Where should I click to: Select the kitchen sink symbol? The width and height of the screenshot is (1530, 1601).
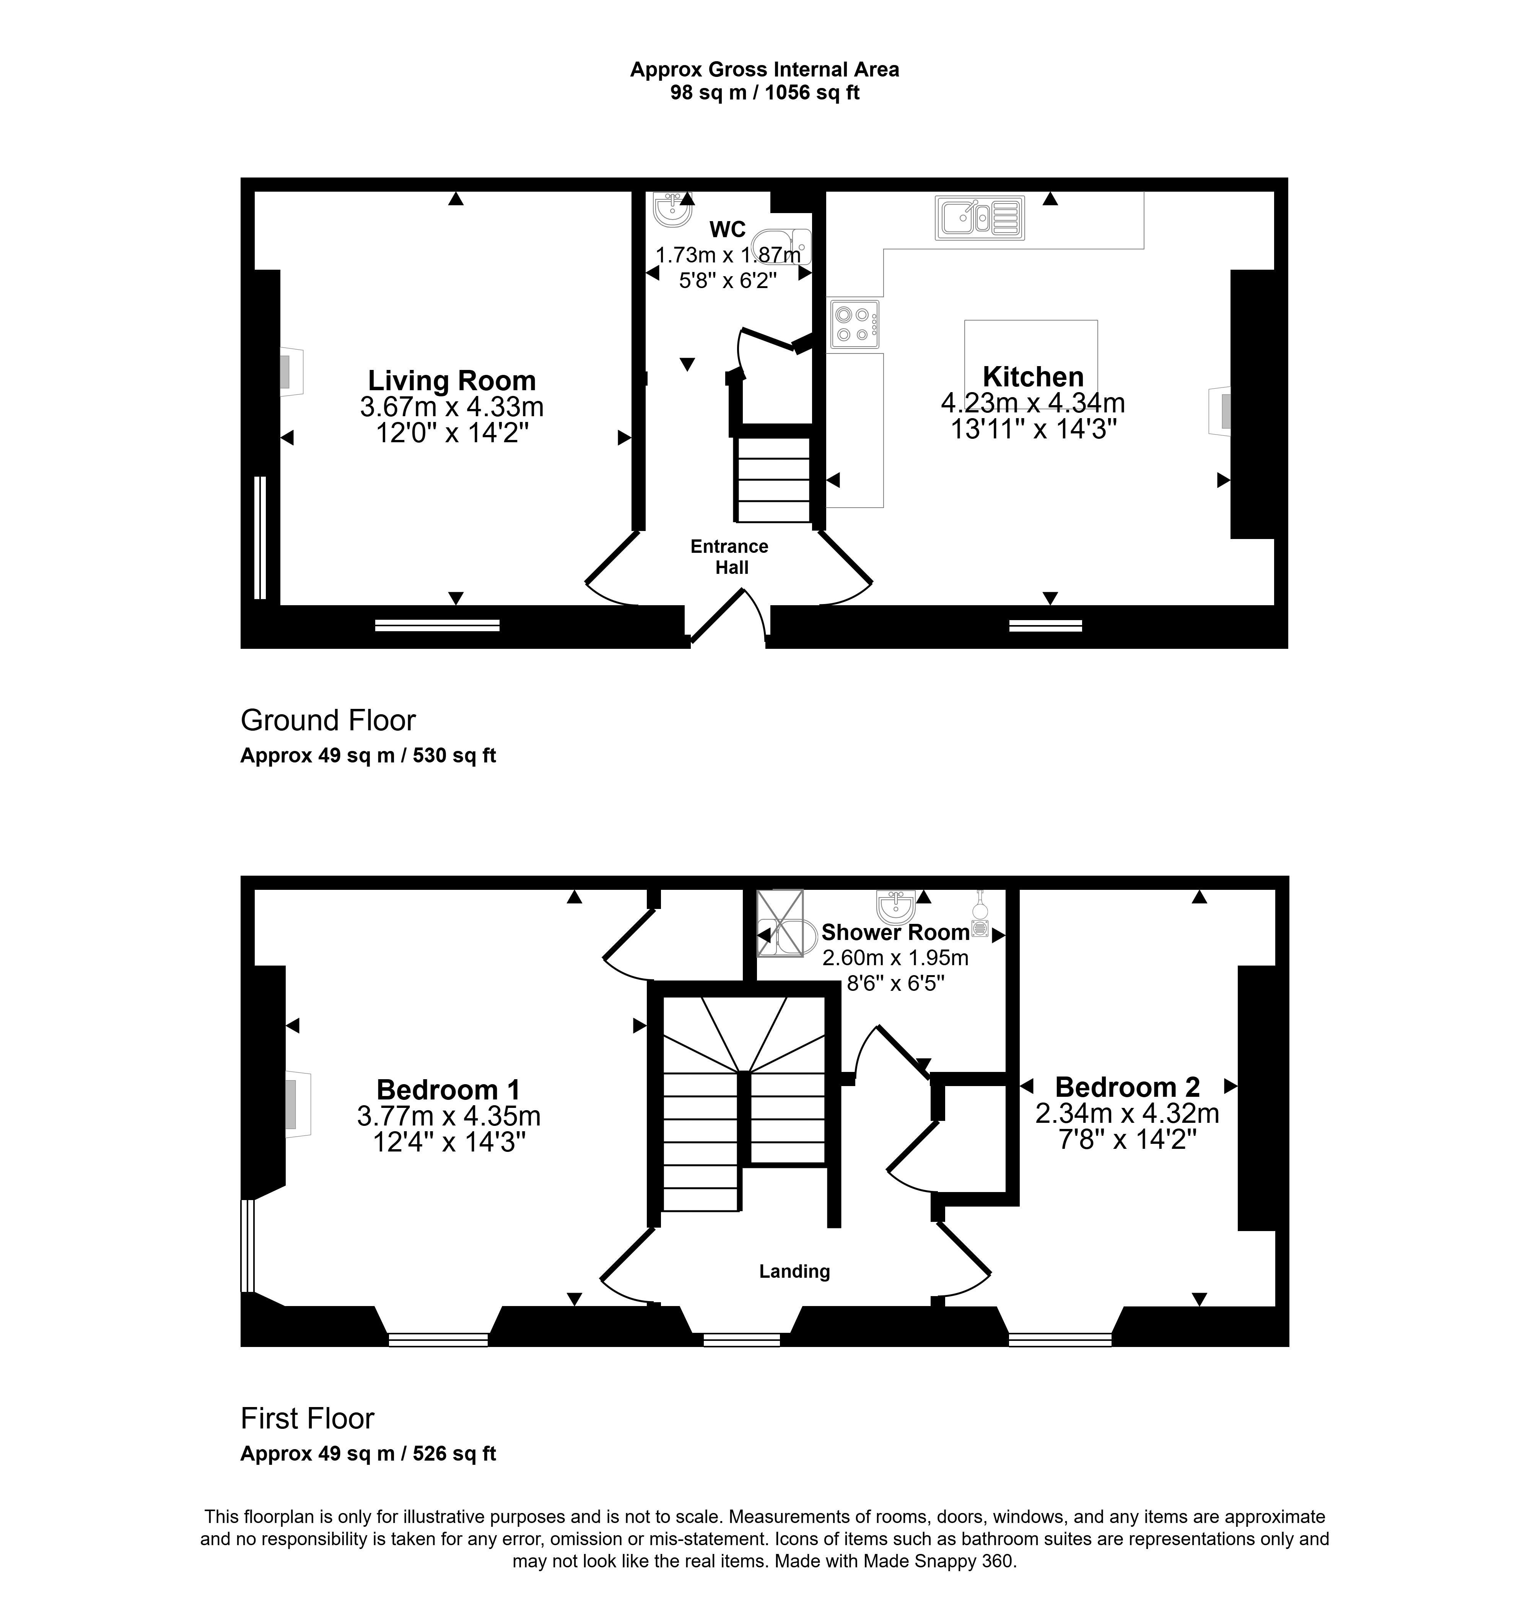(980, 218)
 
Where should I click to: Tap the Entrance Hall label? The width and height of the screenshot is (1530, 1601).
(730, 557)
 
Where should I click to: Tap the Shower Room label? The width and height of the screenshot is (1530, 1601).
(895, 932)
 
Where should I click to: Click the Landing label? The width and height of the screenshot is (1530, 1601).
(794, 1271)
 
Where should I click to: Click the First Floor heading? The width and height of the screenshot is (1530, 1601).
(308, 1418)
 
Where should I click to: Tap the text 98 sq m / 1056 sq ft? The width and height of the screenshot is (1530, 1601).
(765, 93)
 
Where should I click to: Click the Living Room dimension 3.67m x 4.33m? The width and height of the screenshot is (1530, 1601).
(452, 406)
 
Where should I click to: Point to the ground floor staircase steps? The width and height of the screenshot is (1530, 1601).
(773, 480)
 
